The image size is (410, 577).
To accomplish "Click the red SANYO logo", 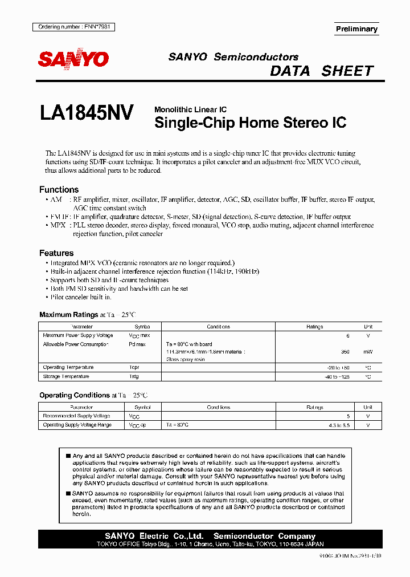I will click(x=73, y=59).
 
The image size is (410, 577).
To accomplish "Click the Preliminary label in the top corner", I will click(x=356, y=29).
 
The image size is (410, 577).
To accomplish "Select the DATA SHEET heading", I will click(x=321, y=71).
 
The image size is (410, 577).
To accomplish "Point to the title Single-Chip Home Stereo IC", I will click(x=250, y=123).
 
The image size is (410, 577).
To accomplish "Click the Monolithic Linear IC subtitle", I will click(x=190, y=109).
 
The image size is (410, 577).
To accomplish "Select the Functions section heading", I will click(x=59, y=189).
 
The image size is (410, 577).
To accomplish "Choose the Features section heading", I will click(x=56, y=253).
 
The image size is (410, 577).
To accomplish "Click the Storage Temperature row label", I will click(x=66, y=377).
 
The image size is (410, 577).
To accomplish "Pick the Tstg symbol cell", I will click(x=134, y=377).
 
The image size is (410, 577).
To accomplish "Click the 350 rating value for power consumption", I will click(x=345, y=352).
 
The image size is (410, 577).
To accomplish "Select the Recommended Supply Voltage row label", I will click(x=76, y=416).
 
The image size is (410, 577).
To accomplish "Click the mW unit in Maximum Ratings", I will click(x=368, y=352).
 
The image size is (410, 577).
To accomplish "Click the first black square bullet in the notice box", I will click(x=68, y=456).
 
